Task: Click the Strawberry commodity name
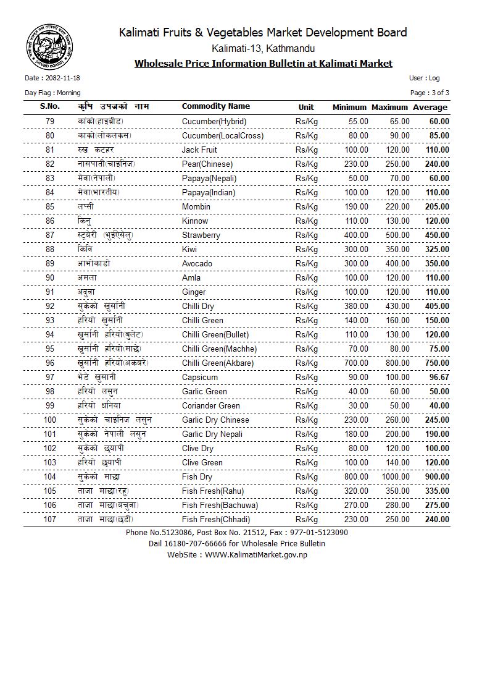pyautogui.click(x=201, y=235)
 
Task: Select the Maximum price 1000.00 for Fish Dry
pyautogui.click(x=394, y=477)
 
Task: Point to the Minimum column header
pyautogui.click(x=349, y=108)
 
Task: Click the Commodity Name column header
pyautogui.click(x=215, y=107)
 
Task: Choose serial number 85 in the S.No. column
pyautogui.click(x=50, y=207)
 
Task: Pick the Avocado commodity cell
pyautogui.click(x=197, y=264)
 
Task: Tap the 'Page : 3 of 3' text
pyautogui.click(x=430, y=93)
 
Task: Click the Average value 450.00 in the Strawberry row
pyautogui.click(x=436, y=235)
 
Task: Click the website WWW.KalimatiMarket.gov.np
pyautogui.click(x=255, y=555)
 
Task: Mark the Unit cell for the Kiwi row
pyautogui.click(x=306, y=250)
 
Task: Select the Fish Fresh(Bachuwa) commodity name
pyautogui.click(x=220, y=506)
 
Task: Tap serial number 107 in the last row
pyautogui.click(x=50, y=520)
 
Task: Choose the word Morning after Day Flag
pyautogui.click(x=69, y=93)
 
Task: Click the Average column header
pyautogui.click(x=430, y=108)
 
